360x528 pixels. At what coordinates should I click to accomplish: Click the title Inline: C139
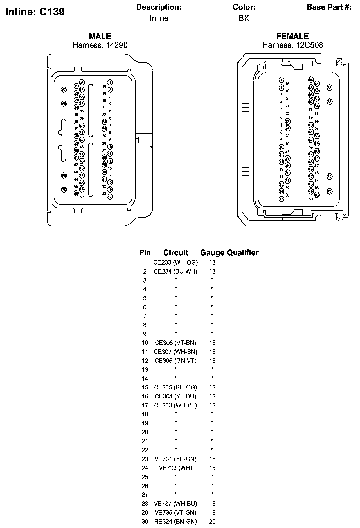click(35, 12)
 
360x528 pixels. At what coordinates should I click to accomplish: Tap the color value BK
click(244, 18)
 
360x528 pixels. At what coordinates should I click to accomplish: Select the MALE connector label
click(100, 36)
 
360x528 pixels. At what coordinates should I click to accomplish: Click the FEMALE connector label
click(292, 36)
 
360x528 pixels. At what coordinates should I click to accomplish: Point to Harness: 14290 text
click(100, 45)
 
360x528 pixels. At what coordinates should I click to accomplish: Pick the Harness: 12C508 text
click(292, 45)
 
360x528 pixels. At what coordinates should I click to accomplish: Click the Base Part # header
click(329, 7)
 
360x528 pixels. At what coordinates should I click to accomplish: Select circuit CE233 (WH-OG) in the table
click(175, 263)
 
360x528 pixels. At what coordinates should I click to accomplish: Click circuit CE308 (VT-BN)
click(175, 343)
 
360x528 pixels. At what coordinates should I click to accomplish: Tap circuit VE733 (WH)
click(175, 468)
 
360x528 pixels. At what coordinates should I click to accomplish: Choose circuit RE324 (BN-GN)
click(175, 522)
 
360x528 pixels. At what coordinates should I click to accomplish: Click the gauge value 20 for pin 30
click(212, 522)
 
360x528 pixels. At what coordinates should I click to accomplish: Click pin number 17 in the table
click(145, 405)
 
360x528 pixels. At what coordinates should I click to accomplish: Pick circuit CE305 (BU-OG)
click(175, 387)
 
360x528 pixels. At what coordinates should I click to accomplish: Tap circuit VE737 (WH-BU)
click(175, 504)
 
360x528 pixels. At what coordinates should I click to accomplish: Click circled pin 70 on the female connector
click(330, 191)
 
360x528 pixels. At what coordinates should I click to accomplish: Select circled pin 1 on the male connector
click(110, 82)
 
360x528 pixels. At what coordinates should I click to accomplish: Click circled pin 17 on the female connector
click(282, 199)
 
